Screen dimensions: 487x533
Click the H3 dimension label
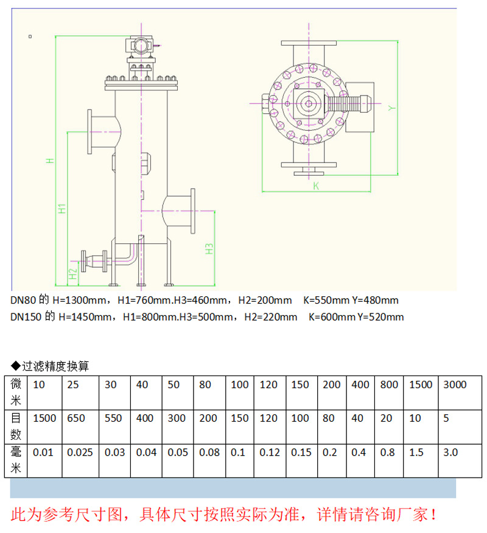point(209,249)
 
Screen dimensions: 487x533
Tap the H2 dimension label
point(73,274)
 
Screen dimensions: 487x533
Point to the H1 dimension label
point(61,209)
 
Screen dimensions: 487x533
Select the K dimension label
point(316,186)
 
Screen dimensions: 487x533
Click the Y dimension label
point(392,108)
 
